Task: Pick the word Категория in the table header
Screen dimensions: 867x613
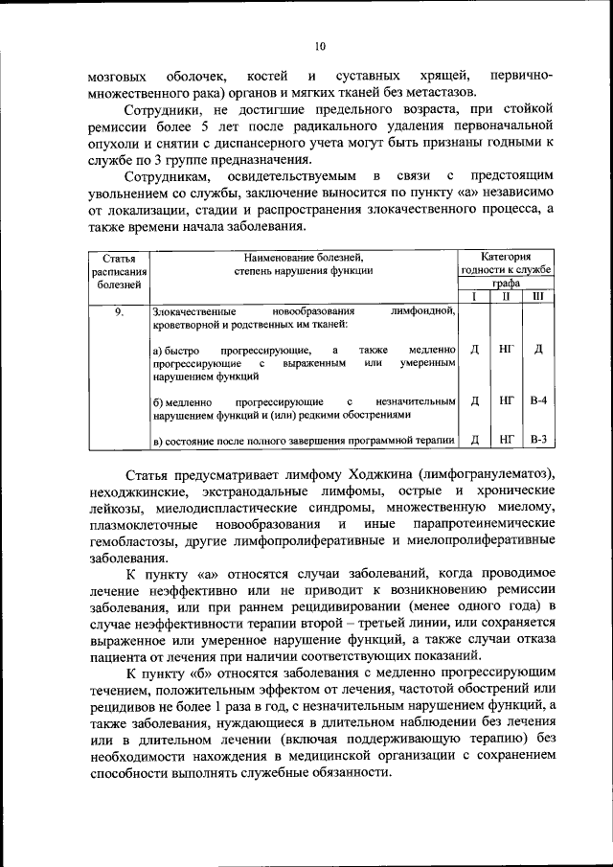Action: click(506, 257)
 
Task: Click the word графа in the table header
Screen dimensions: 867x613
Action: click(507, 284)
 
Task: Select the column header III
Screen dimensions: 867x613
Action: click(537, 297)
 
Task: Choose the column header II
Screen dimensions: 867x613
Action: click(506, 297)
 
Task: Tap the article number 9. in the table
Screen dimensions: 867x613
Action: click(119, 312)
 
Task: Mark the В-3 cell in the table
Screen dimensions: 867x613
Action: click(537, 440)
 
